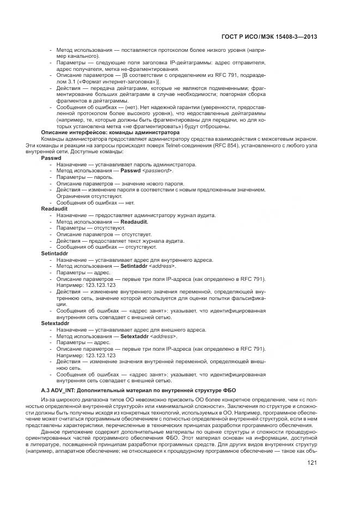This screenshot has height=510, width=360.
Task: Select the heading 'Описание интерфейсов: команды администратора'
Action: pyautogui.click(x=110, y=133)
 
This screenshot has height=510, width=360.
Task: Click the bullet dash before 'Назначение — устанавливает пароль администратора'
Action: pyautogui.click(x=51, y=164)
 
